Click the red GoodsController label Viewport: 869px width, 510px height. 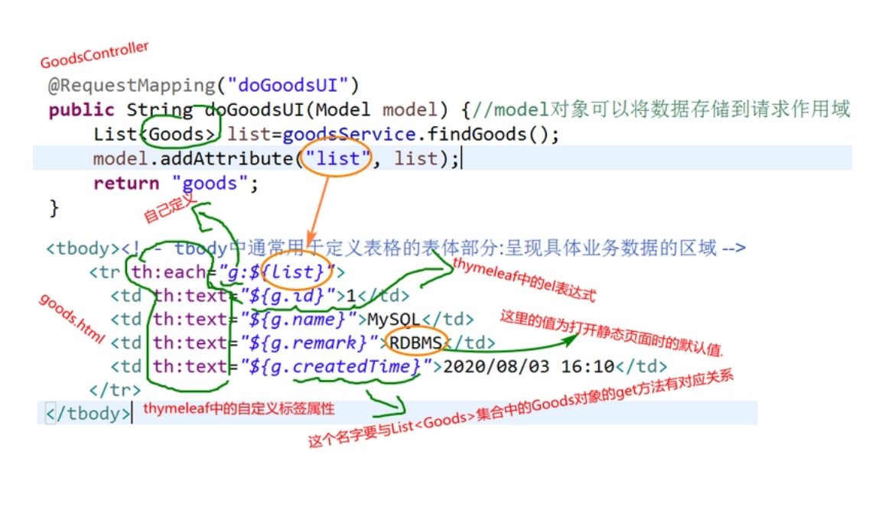94,55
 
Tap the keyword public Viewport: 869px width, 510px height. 81,110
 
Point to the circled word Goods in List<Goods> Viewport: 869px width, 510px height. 181,135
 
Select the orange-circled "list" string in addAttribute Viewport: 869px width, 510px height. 337,159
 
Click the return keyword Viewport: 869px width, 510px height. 126,184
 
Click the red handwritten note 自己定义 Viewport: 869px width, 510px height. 170,208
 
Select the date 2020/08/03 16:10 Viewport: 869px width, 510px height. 529,367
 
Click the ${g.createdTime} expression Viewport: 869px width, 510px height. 335,367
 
